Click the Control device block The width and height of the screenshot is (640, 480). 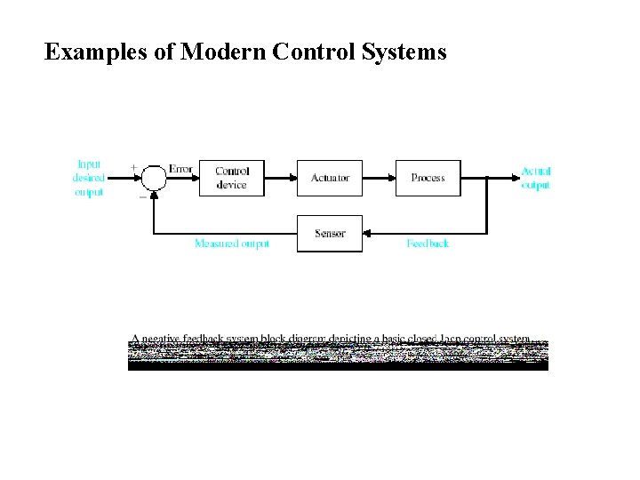231,178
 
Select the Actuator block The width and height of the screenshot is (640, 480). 330,178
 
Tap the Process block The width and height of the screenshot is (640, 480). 428,178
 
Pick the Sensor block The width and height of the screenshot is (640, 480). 330,234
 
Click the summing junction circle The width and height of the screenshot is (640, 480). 155,178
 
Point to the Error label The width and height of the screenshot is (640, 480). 180,169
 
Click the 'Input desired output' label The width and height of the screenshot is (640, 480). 89,178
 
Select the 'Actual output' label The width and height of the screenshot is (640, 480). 535,178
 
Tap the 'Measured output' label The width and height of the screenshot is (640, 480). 231,244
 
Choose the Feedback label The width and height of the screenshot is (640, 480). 428,244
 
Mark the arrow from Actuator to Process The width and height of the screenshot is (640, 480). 379,178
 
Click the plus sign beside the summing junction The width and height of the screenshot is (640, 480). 134,167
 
